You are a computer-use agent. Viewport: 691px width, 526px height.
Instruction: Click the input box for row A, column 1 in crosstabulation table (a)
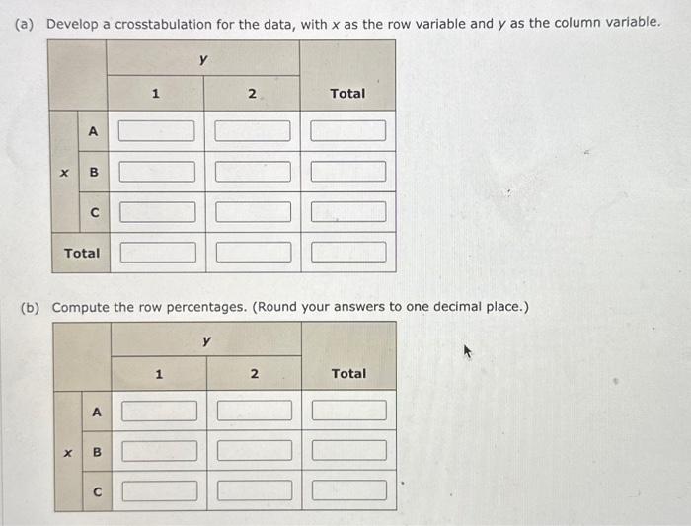click(156, 131)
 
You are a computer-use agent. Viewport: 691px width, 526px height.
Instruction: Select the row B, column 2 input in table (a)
click(253, 172)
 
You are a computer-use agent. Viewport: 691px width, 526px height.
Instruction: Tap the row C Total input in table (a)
click(348, 212)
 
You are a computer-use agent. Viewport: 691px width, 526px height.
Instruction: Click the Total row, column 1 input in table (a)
click(156, 253)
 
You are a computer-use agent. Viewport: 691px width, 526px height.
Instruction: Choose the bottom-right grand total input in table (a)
click(348, 253)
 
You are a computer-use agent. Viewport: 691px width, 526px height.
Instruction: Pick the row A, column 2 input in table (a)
click(253, 131)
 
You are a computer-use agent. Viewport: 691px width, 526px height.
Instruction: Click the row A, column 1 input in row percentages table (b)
click(159, 411)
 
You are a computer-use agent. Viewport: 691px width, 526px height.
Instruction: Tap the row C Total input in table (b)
click(349, 490)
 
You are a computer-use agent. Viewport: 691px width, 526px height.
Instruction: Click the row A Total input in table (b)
click(349, 411)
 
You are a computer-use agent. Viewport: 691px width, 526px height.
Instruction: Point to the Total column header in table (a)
click(347, 94)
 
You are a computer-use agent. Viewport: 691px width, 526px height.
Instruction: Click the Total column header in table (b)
click(348, 374)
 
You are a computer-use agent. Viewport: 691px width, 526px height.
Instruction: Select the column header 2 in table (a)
click(252, 94)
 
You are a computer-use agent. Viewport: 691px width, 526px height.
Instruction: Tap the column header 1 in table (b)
click(158, 374)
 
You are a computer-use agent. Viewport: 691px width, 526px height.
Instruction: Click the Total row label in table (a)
click(82, 253)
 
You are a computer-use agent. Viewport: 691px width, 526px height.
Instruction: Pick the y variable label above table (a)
click(202, 59)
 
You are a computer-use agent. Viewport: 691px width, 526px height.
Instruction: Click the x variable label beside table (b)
click(67, 452)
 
